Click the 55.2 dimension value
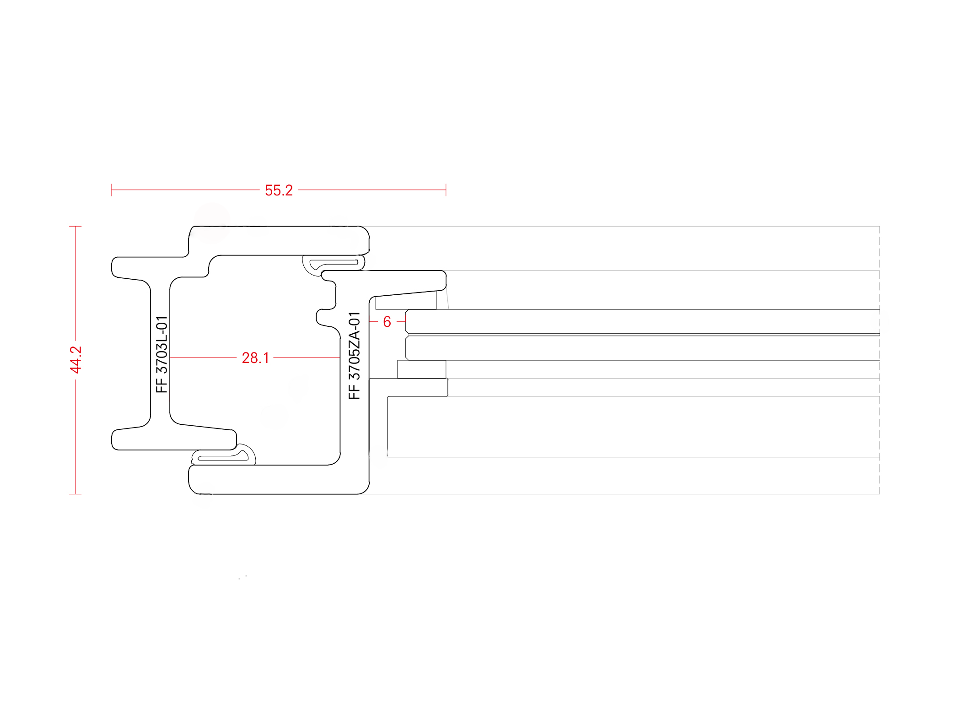[279, 190]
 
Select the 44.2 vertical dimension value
[76, 360]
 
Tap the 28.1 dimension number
[255, 358]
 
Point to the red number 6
[387, 322]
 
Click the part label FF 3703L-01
[162, 354]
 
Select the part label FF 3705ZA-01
[355, 356]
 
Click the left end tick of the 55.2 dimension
[112, 190]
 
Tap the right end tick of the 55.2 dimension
[446, 190]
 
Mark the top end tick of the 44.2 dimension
[75, 226]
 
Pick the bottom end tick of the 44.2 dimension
[75, 494]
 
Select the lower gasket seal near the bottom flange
[223, 456]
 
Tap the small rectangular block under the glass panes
[422, 369]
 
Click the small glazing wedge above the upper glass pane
[406, 303]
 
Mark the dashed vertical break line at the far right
[879, 360]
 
